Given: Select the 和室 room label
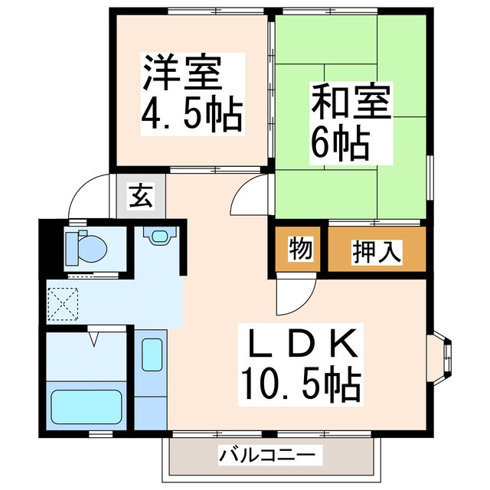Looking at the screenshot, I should pos(350,103).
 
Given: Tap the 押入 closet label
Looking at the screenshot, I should pos(376,250).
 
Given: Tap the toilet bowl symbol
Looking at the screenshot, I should pos(87,247).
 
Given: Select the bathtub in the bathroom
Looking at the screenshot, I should pos(86,407).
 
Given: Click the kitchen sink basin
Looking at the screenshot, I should pos(152,354).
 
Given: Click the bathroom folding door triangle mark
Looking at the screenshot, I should pos(96,336).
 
